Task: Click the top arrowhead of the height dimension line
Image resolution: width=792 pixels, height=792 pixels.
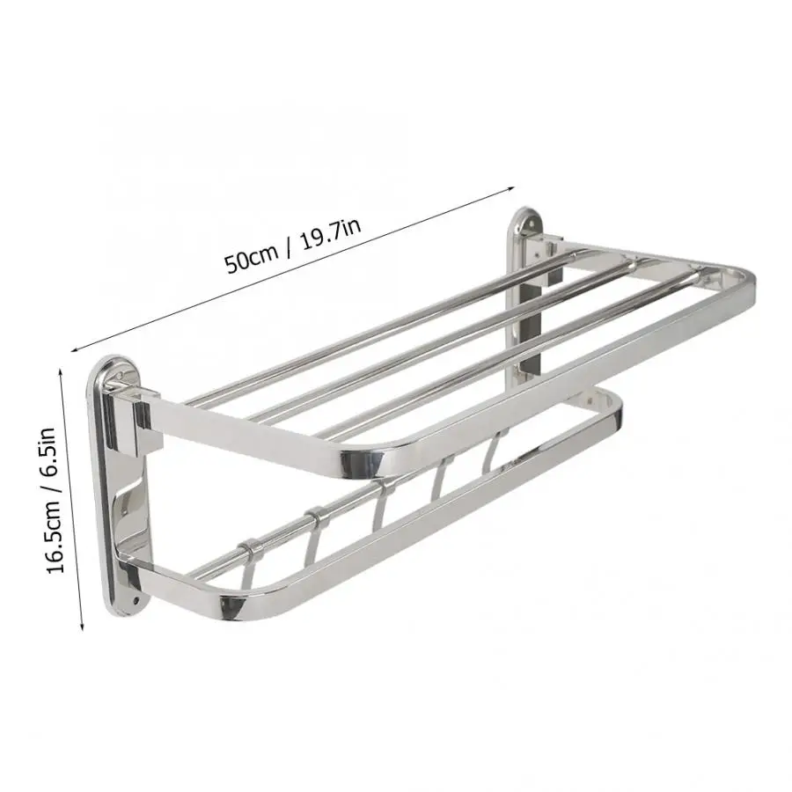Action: [x=62, y=371]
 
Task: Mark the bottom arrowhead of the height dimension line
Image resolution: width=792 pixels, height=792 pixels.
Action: [x=81, y=627]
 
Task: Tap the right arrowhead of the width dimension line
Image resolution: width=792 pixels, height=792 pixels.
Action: [x=510, y=188]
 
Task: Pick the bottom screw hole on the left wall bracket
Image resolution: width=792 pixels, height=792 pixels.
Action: [x=135, y=602]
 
